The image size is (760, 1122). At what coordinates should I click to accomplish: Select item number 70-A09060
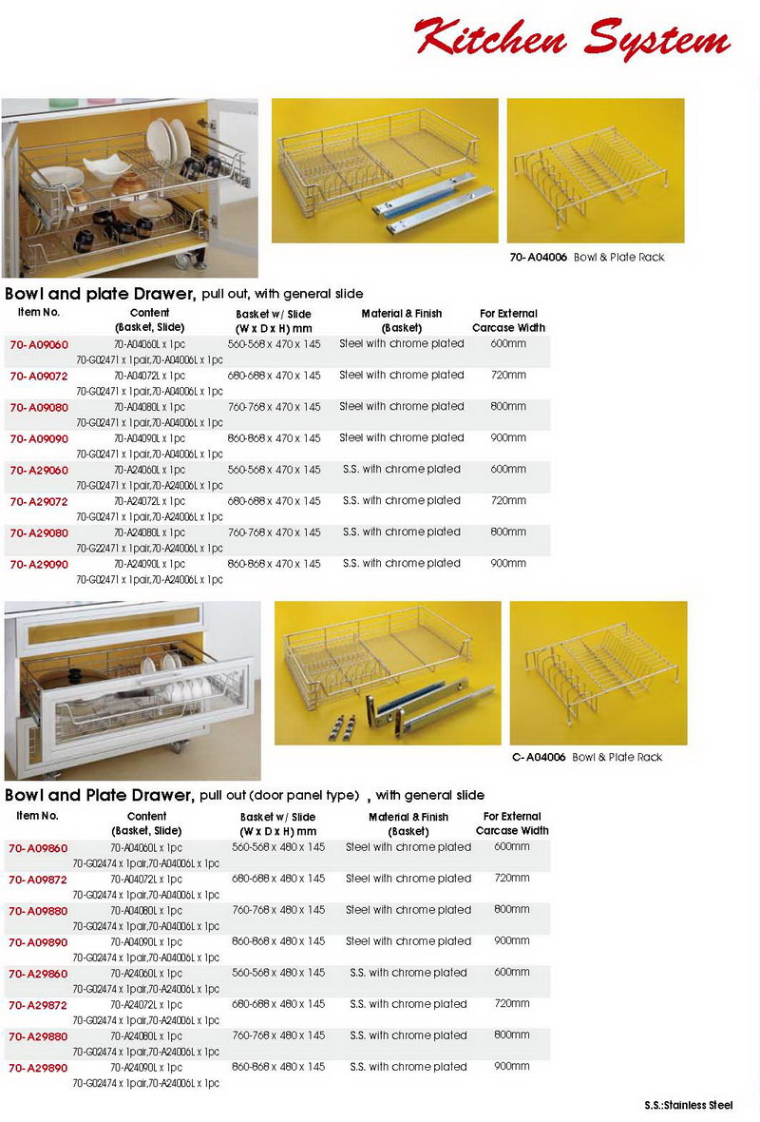point(39,344)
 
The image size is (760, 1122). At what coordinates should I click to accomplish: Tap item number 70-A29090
point(39,564)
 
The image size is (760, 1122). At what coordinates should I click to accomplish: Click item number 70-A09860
point(39,847)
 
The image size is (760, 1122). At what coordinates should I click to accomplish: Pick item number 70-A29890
point(39,1068)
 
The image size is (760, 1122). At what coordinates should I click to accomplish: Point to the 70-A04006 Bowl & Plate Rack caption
point(600,258)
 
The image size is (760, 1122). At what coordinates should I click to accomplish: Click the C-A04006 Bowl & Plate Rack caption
point(600,758)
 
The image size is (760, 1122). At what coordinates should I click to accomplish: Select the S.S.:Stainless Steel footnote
point(688,1106)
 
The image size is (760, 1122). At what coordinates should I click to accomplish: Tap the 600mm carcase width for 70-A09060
point(508,344)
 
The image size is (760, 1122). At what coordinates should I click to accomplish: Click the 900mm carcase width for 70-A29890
point(512,1067)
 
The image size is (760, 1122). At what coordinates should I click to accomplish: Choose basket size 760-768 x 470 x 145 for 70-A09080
point(275,407)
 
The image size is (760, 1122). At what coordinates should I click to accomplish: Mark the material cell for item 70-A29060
point(401,470)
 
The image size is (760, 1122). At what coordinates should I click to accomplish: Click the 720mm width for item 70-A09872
point(512,879)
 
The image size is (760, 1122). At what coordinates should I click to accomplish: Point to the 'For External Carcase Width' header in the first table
point(508,320)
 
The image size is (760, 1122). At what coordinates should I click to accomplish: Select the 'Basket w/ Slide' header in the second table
point(277,823)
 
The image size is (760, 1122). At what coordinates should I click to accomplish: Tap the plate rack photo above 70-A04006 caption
point(595,171)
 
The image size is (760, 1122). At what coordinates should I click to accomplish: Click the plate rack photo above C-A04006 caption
point(598,672)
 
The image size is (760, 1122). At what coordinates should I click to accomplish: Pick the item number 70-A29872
point(39,1005)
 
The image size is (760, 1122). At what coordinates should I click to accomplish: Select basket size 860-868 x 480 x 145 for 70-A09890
point(278,941)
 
